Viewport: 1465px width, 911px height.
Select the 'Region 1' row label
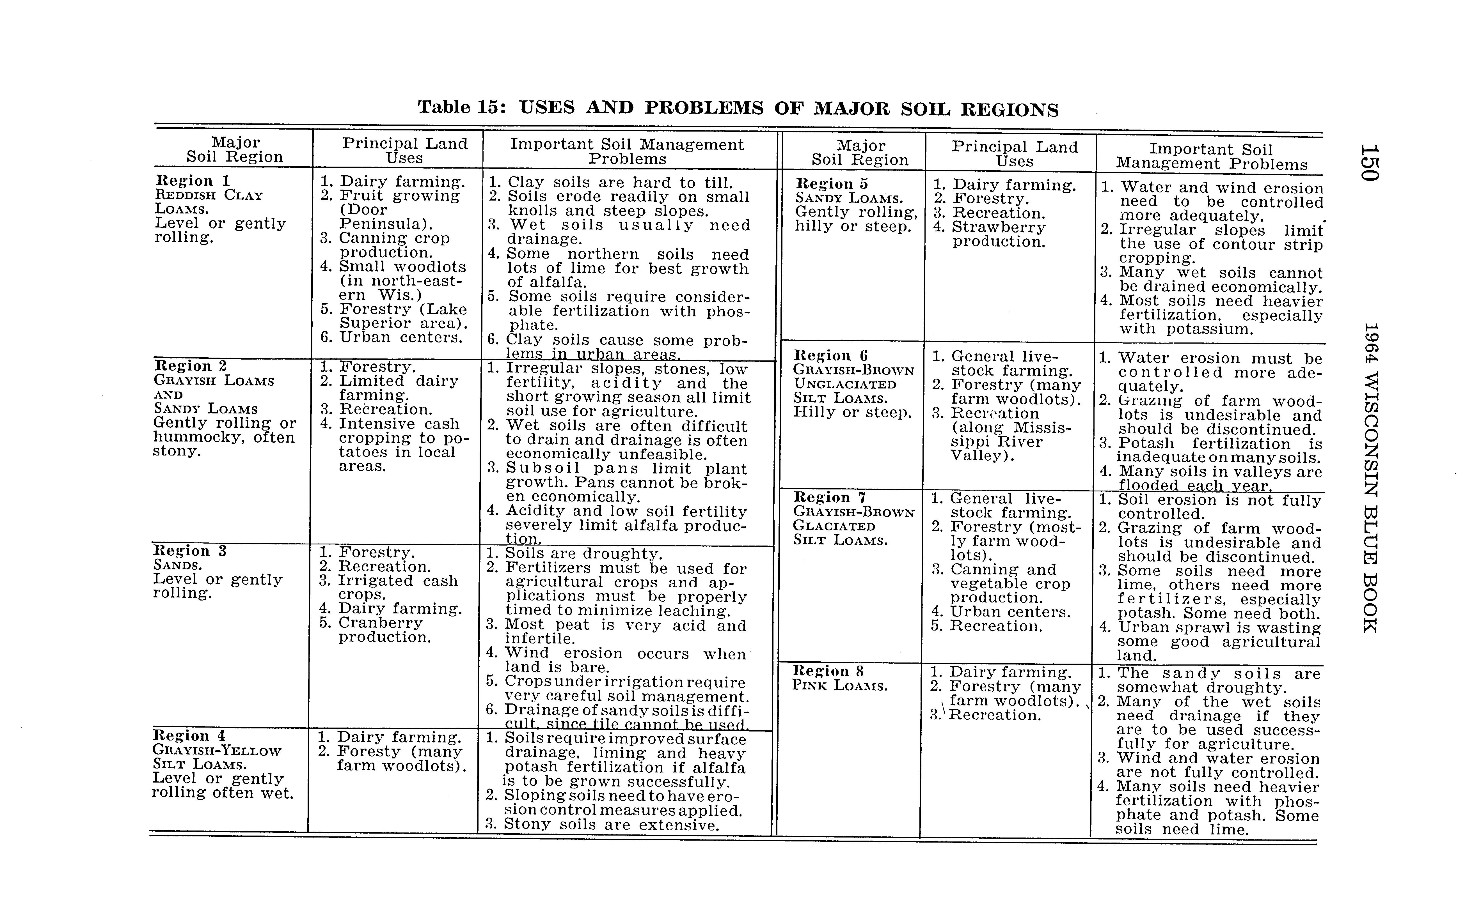184,181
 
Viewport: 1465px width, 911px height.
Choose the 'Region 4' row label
181,736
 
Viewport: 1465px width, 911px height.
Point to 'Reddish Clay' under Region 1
209,195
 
